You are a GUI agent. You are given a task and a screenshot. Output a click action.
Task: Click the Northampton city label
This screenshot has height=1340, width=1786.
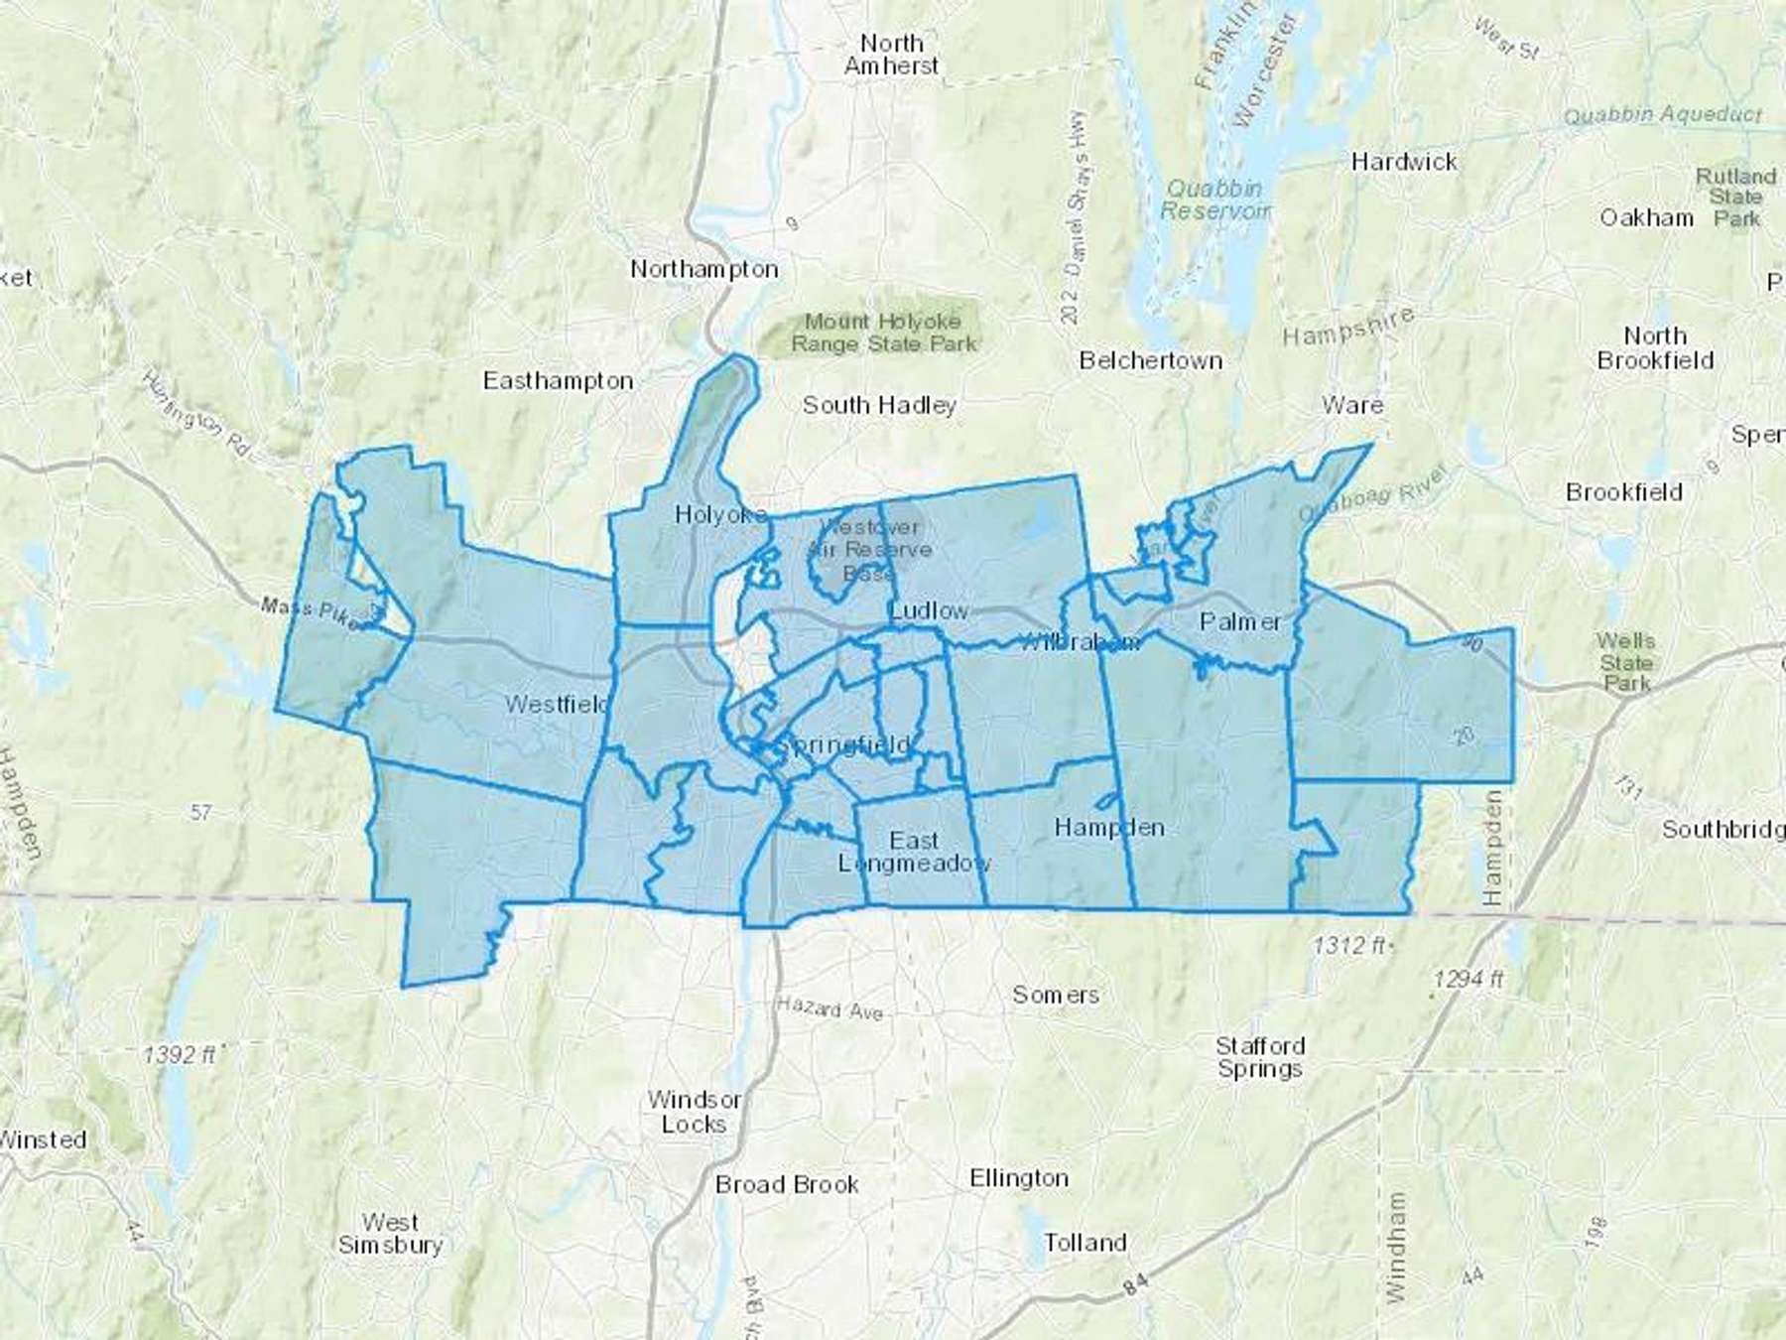704,269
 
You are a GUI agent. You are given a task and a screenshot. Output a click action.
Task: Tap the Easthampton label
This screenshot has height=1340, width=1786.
558,381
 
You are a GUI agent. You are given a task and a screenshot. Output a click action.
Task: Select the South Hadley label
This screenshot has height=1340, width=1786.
879,405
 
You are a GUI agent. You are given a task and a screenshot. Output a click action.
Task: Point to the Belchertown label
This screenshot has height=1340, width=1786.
1150,360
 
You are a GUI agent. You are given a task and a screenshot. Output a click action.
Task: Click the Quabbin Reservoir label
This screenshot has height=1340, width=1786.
1214,200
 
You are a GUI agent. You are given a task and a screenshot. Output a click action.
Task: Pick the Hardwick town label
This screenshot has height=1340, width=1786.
1404,162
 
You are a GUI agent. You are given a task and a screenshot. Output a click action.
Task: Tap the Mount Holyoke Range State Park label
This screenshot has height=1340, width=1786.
883,333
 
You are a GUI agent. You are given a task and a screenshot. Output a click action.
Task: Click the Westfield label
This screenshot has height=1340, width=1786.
557,705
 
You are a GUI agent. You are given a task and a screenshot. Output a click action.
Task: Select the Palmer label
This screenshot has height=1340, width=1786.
1240,622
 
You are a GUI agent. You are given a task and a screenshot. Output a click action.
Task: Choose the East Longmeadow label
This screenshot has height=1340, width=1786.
914,852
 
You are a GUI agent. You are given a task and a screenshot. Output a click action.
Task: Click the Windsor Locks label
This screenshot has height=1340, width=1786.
694,1112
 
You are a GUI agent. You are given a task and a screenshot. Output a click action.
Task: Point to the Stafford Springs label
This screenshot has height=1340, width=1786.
1260,1057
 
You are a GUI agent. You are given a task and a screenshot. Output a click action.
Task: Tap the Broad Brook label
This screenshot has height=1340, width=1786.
787,1184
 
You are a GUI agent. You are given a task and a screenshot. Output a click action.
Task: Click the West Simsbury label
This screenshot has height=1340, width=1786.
390,1233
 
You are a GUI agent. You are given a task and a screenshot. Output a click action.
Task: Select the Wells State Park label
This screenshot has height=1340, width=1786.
1626,662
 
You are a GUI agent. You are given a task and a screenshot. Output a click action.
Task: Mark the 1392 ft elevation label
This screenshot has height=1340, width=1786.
181,1054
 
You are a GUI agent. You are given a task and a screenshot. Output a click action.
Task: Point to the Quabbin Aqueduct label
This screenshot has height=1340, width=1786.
1663,116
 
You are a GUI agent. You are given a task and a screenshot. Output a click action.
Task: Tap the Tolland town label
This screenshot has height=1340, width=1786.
1085,1243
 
